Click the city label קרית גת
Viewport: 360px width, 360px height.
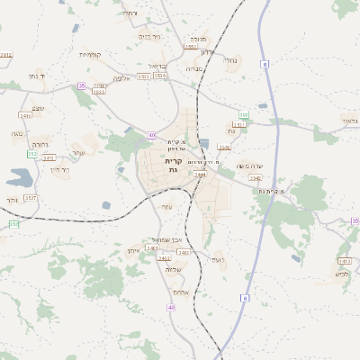pos(173,166)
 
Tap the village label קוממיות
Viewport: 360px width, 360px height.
pos(90,55)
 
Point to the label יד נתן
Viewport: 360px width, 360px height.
pos(43,76)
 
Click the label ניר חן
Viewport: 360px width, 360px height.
pos(58,168)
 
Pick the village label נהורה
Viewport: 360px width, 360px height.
pos(40,144)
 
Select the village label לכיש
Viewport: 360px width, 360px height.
pos(342,274)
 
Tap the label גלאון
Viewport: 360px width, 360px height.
pos(349,120)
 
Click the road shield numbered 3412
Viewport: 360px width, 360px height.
pos(165,259)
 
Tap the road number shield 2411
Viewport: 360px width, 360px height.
pos(25,115)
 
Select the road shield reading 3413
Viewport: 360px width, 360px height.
pos(344,261)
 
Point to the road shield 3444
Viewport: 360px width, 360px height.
pos(200,175)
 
